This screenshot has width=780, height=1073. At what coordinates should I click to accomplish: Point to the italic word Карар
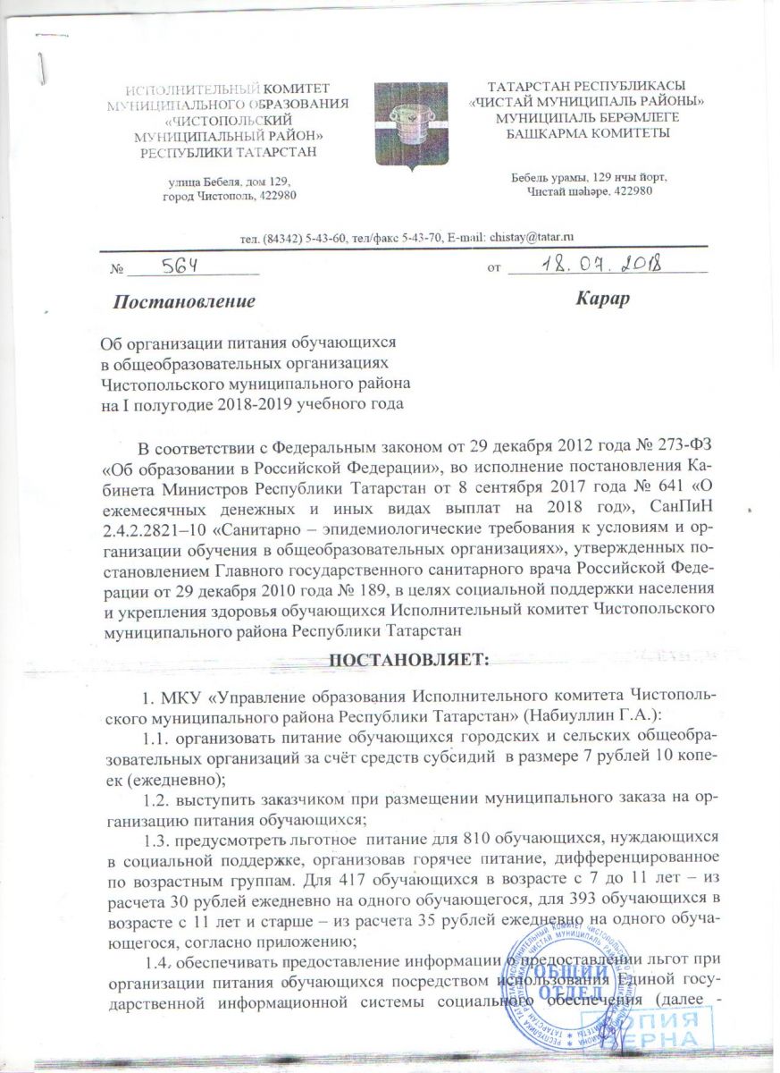[603, 299]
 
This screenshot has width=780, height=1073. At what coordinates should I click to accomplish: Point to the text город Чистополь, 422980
[230, 196]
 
